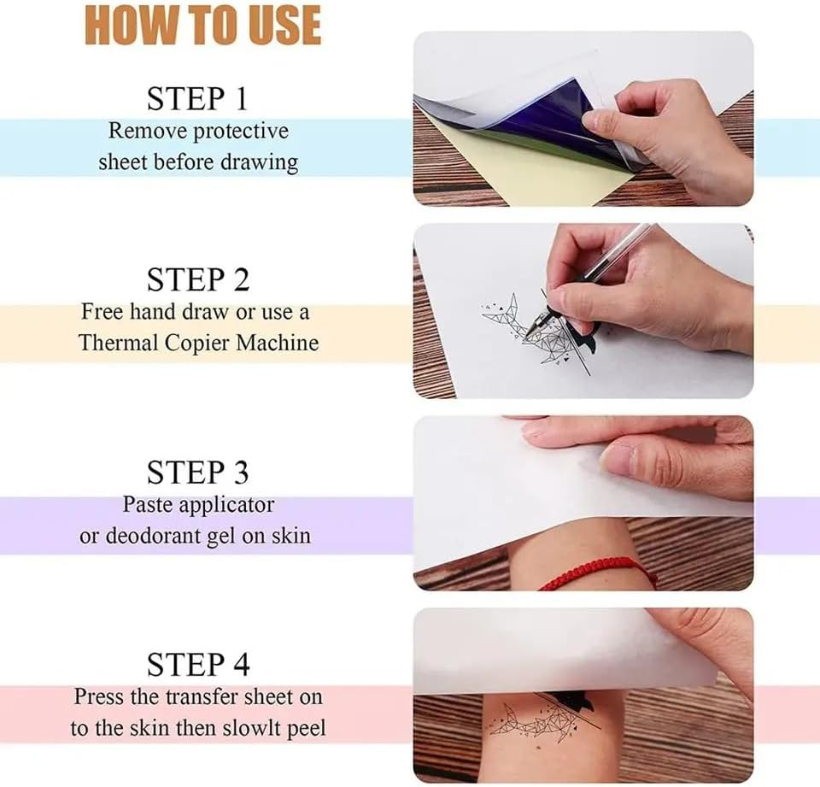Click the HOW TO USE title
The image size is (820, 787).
pos(202,26)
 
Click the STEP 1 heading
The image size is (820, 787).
pos(197,99)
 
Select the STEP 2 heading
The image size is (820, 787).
pos(197,279)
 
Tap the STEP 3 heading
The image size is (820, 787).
pos(197,472)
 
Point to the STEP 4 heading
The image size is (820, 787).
pos(197,664)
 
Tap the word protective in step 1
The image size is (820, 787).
pos(240,132)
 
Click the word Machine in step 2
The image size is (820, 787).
pos(278,344)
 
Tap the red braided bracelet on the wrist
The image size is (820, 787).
pos(598,573)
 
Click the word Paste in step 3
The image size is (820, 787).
pos(150,504)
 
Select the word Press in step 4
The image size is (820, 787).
pos(99,696)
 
